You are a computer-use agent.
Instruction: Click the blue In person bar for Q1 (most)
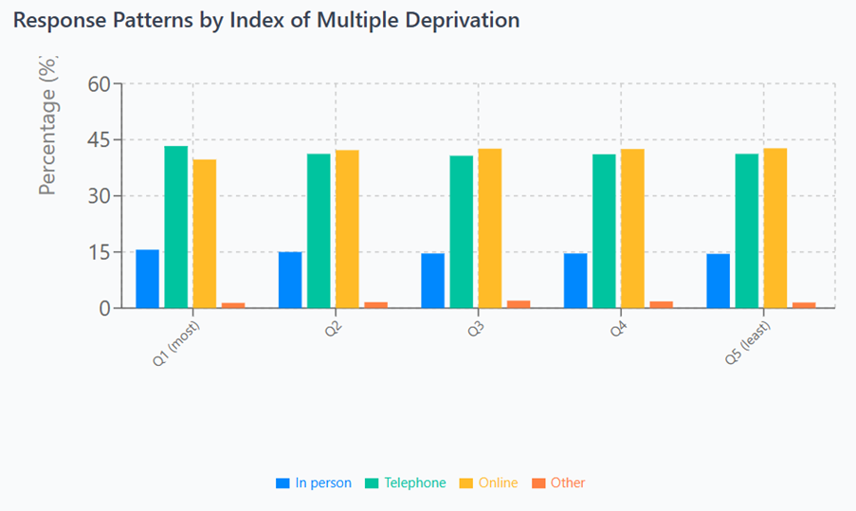147,279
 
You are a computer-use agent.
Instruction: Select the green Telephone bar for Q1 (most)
175,228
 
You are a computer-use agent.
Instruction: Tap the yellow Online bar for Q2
347,229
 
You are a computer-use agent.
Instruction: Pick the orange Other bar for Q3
519,304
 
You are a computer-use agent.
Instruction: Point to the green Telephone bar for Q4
604,231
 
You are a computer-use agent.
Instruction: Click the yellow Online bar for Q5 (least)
774,228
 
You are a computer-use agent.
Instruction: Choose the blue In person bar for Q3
432,281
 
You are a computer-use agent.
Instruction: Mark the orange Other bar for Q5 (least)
804,305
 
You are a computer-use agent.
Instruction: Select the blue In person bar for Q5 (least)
718,281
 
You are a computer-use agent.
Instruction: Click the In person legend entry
313,483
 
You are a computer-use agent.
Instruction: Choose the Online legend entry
488,483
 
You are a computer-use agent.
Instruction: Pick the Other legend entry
558,483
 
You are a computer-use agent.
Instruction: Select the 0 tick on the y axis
104,308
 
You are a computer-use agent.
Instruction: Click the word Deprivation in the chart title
461,20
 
